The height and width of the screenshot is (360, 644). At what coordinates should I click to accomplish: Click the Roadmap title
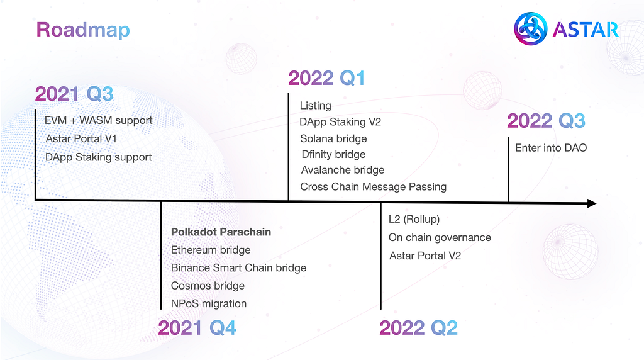click(83, 30)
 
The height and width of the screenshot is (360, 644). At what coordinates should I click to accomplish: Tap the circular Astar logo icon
click(530, 29)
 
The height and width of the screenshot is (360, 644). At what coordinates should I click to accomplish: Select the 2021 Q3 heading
click(74, 94)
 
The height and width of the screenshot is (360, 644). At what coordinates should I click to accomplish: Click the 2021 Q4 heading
click(197, 328)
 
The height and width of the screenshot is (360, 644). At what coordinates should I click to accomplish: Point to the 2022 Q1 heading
click(326, 78)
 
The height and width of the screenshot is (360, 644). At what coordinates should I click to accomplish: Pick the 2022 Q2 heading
click(418, 328)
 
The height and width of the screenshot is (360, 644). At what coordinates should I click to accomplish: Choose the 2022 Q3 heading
click(547, 121)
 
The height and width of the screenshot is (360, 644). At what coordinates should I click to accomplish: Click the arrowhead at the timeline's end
click(592, 203)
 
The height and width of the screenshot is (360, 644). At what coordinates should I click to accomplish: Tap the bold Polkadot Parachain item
click(221, 232)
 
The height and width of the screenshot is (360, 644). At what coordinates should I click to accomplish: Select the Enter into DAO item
click(551, 148)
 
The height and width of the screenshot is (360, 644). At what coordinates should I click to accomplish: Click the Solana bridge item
click(333, 139)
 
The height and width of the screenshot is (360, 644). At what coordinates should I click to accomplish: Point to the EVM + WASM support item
click(99, 120)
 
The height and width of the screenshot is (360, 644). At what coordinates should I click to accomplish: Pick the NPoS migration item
click(209, 304)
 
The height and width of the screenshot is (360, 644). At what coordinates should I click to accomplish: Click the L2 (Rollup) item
click(414, 219)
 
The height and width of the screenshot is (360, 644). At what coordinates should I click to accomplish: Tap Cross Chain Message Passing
click(374, 187)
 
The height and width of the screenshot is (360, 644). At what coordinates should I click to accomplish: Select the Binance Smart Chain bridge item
click(238, 268)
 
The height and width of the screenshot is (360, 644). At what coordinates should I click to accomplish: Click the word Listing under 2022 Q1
click(316, 106)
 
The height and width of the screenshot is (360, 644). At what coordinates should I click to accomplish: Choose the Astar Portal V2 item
click(425, 256)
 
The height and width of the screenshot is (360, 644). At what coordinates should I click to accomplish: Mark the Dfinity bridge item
click(333, 155)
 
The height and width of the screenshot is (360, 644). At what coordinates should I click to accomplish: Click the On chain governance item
click(440, 237)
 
